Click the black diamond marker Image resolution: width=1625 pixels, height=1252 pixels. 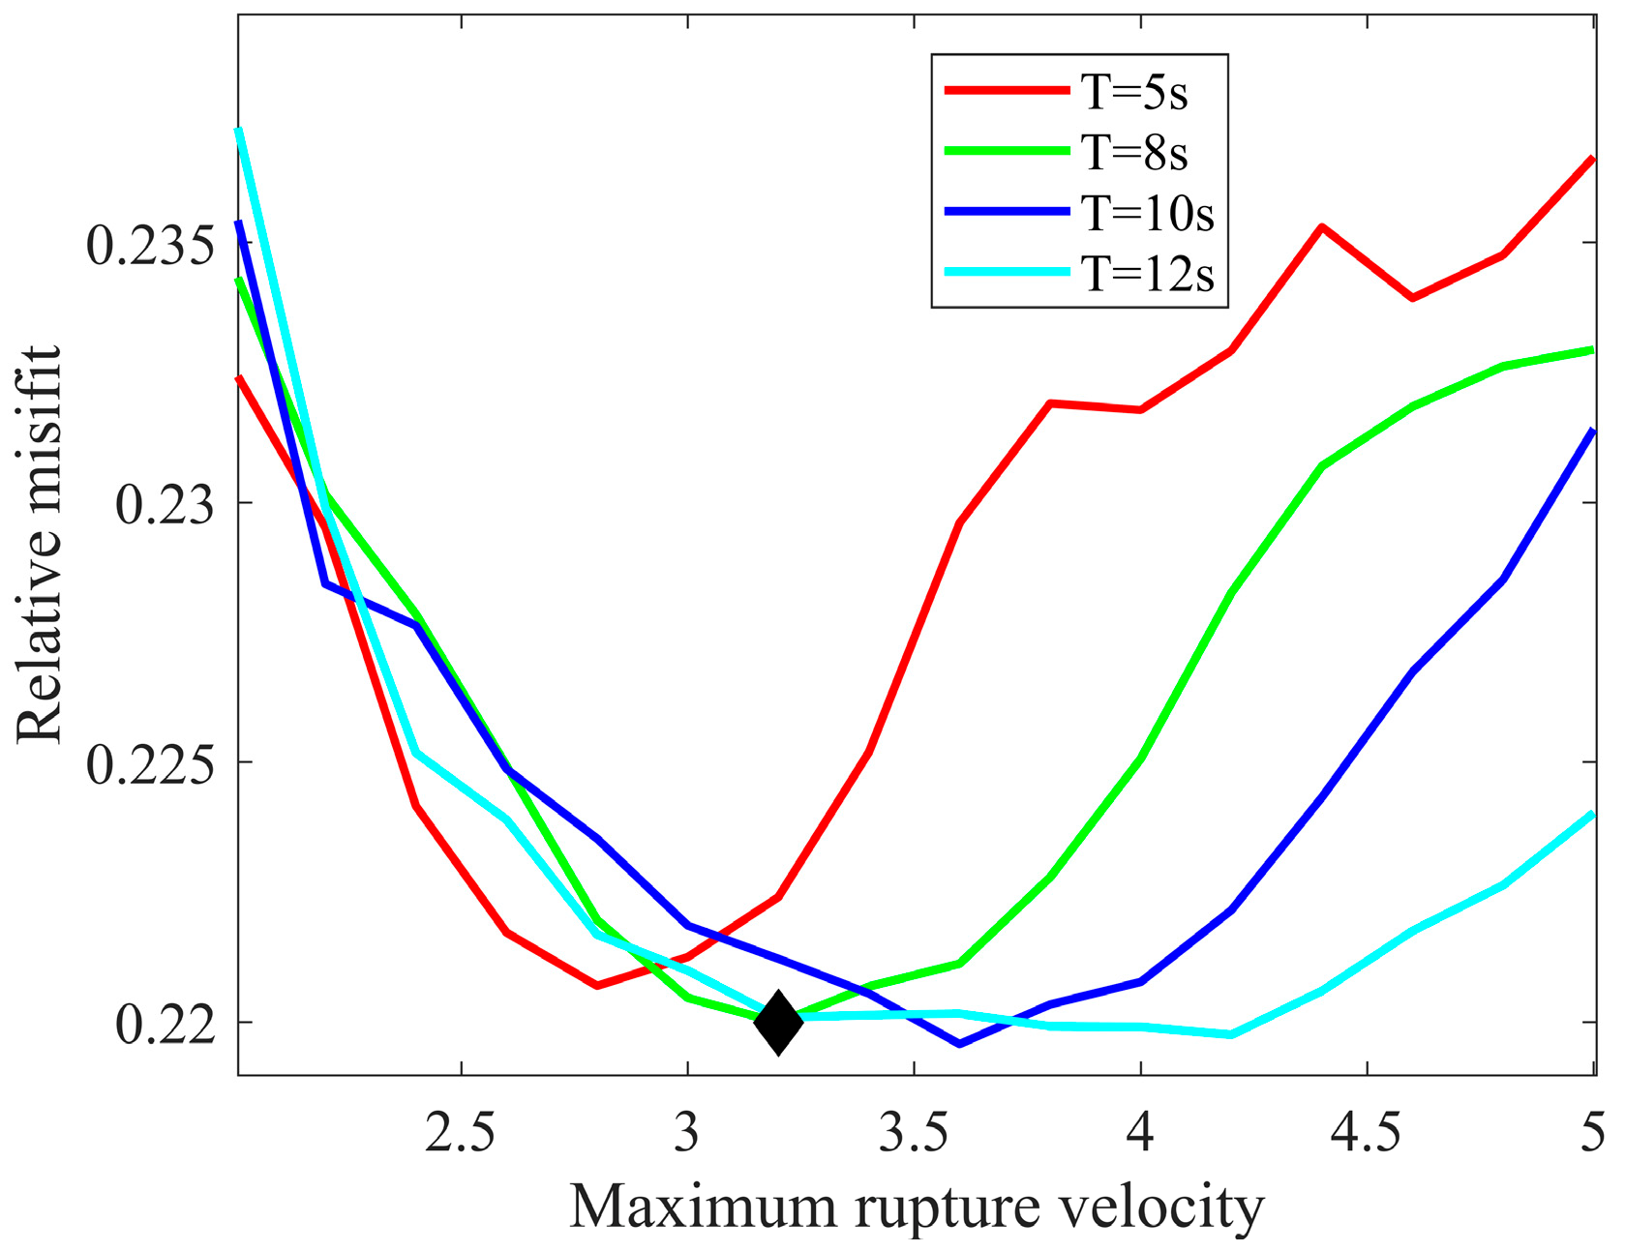pyautogui.click(x=778, y=1021)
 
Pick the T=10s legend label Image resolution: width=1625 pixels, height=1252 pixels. pyautogui.click(x=1147, y=213)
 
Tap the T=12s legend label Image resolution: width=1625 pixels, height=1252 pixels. pyautogui.click(x=1147, y=274)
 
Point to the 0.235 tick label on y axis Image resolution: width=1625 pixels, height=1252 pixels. pyautogui.click(x=150, y=245)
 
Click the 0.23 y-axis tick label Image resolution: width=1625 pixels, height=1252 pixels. pyautogui.click(x=165, y=505)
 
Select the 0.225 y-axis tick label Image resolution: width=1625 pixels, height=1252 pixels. pyautogui.click(x=150, y=765)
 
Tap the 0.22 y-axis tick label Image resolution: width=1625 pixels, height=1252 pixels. pyautogui.click(x=165, y=1026)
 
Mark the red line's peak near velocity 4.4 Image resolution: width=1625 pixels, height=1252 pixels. pyautogui.click(x=1321, y=226)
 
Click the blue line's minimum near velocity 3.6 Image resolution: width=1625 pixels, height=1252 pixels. pyautogui.click(x=959, y=1044)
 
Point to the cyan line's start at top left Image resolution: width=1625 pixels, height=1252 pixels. pyautogui.click(x=238, y=130)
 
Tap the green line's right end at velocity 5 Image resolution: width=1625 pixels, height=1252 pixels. pyautogui.click(x=1592, y=349)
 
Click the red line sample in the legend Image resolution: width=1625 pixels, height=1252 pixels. pyautogui.click(x=1007, y=90)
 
